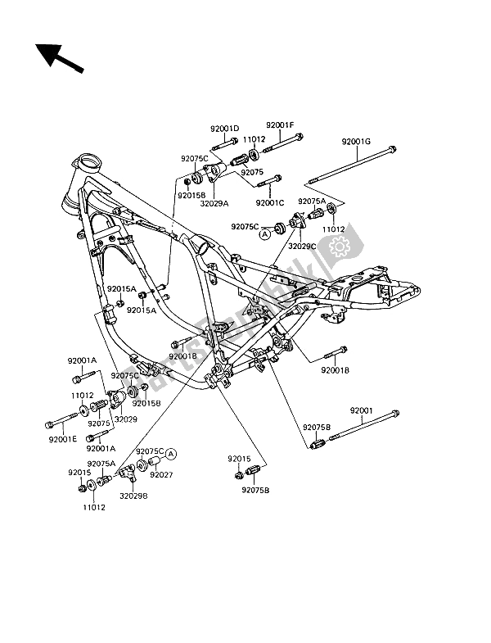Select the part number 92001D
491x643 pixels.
tap(223, 128)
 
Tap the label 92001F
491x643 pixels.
tap(279, 125)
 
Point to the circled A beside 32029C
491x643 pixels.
tap(264, 233)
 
